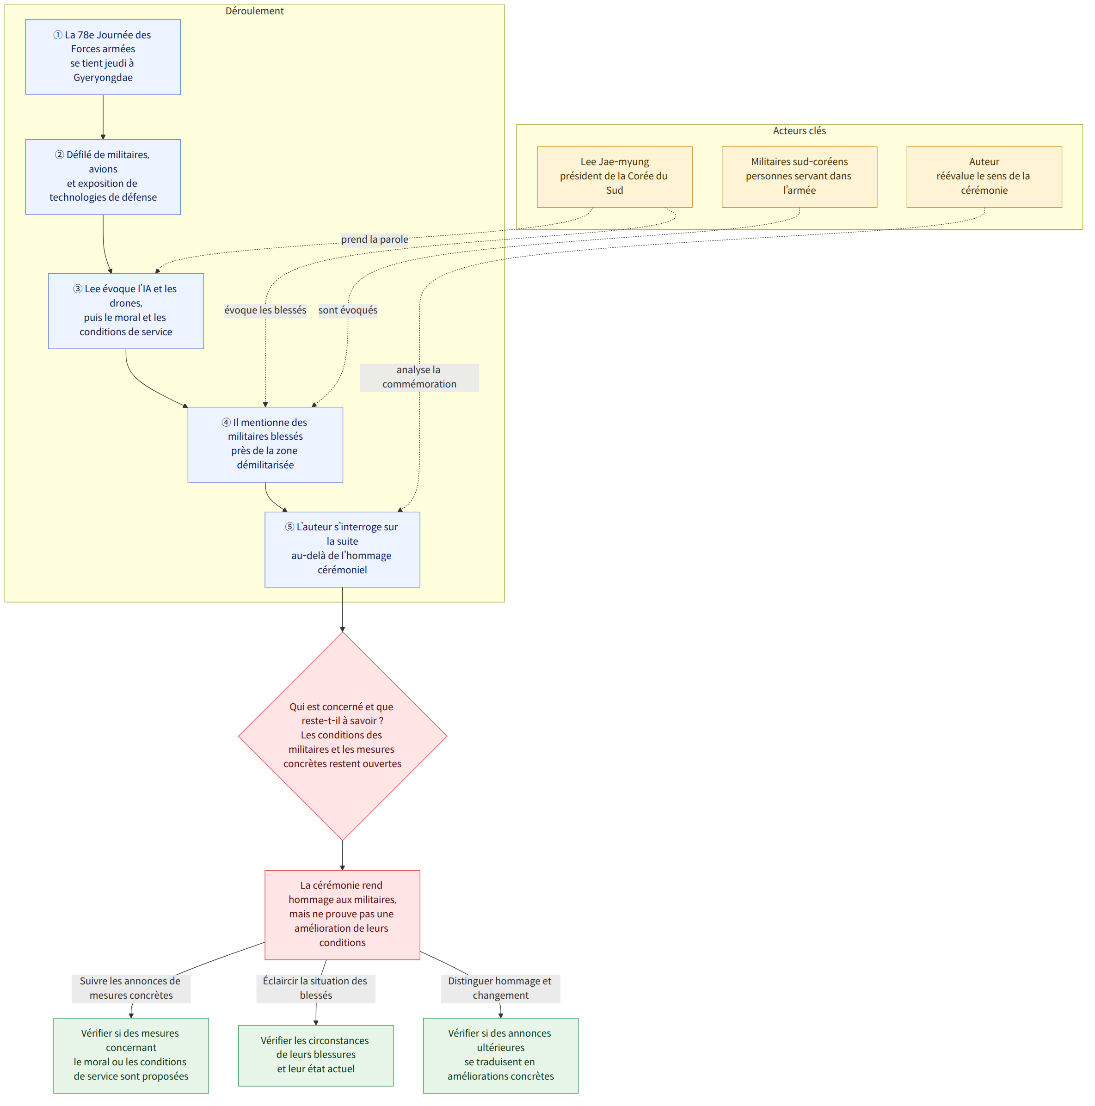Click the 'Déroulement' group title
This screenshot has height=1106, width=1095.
[254, 11]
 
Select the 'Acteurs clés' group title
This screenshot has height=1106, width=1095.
[799, 130]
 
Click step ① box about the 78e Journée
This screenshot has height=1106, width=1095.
[103, 57]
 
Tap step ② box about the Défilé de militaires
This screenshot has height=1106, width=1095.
[103, 177]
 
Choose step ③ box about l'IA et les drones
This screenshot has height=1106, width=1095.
[126, 311]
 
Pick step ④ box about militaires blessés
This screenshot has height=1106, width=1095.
[265, 444]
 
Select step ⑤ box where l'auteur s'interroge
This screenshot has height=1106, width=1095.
[342, 549]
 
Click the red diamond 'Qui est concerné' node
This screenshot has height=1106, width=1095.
[342, 736]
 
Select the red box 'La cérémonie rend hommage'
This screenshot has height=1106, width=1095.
[342, 914]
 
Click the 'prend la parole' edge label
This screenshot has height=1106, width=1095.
[375, 240]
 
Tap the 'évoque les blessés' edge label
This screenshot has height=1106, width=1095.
[265, 310]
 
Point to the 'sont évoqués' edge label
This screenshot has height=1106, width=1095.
[347, 310]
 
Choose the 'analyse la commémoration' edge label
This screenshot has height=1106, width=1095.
[419, 377]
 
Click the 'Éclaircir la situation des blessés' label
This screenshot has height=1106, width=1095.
[315, 988]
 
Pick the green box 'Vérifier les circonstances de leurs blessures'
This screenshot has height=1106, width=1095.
[315, 1055]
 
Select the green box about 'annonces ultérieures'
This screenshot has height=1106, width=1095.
[500, 1055]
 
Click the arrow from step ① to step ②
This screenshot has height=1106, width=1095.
[103, 117]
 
